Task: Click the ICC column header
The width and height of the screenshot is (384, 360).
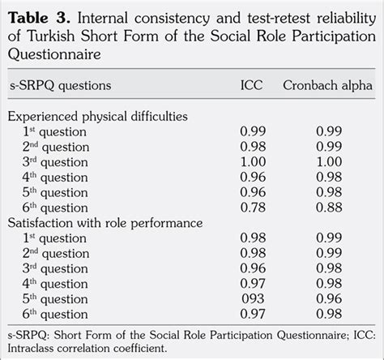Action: coord(251,85)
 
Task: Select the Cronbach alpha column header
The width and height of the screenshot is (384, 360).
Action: coord(327,85)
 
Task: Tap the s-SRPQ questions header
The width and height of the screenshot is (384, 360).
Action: coord(61,86)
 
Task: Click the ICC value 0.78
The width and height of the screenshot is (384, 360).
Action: coord(253,208)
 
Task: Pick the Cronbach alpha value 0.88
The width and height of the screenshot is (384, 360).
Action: coord(329,208)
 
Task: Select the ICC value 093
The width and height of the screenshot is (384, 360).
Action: coord(253,299)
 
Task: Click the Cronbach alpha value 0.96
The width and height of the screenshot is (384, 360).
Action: coord(329,299)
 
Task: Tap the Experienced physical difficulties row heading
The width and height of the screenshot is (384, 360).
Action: coord(98,117)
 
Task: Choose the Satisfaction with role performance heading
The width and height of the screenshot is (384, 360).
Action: coord(105,223)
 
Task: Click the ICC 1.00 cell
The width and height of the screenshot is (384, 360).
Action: coord(253,162)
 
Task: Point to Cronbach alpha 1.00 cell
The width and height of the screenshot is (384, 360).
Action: coord(329,162)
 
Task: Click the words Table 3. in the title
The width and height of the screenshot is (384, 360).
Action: coord(40,18)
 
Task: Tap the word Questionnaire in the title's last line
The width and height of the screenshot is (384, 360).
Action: coord(54,54)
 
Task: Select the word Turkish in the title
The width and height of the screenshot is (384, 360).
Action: coord(51,36)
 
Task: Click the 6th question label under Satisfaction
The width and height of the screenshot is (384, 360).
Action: coord(55,315)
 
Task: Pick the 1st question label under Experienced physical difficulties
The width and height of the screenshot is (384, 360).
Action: coord(54,132)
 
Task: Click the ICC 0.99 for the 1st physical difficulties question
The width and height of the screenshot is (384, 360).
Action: coord(253,131)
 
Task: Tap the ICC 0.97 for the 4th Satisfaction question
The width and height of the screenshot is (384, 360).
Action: coord(253,284)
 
